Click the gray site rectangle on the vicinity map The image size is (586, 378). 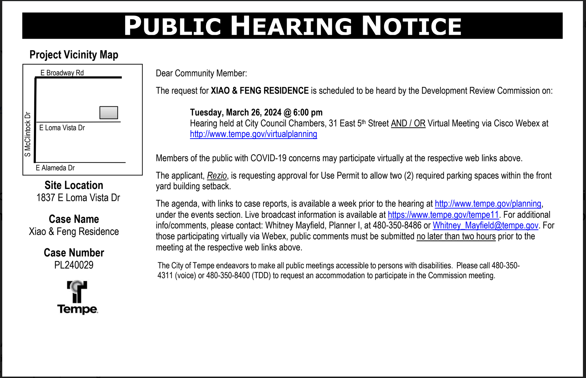pyautogui.click(x=109, y=113)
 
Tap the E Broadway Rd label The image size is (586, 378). pyautogui.click(x=62, y=73)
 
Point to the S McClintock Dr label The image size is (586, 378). pyautogui.click(x=28, y=134)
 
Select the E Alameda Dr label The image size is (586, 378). pyautogui.click(x=55, y=168)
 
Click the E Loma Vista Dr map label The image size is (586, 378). pyautogui.click(x=62, y=128)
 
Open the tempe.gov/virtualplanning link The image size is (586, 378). pyautogui.click(x=253, y=134)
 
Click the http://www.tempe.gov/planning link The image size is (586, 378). pyautogui.click(x=488, y=204)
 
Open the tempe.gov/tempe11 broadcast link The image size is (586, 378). pyautogui.click(x=443, y=215)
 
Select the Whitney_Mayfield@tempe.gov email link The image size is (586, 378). pyautogui.click(x=485, y=225)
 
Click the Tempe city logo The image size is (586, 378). pyautogui.click(x=77, y=297)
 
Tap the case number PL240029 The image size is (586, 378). pyautogui.click(x=74, y=265)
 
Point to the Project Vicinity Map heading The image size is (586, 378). pyautogui.click(x=74, y=55)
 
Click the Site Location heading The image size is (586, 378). pyautogui.click(x=74, y=185)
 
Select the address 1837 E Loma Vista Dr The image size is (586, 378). pyautogui.click(x=78, y=198)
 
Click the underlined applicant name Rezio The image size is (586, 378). pyautogui.click(x=217, y=176)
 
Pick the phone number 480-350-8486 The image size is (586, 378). pyautogui.click(x=397, y=225)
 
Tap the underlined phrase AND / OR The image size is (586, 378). pyautogui.click(x=408, y=123)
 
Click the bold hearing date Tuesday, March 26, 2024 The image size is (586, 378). pyautogui.click(x=235, y=113)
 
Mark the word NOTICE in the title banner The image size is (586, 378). pyautogui.click(x=412, y=26)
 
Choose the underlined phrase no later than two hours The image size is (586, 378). pyautogui.click(x=456, y=237)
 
